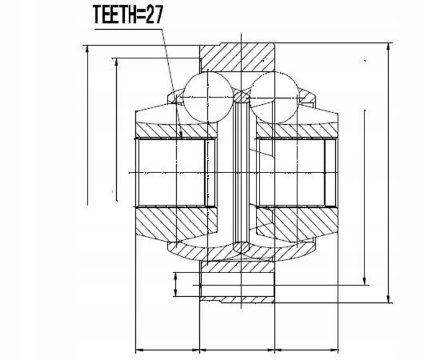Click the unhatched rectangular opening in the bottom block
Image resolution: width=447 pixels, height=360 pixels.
click(237, 285)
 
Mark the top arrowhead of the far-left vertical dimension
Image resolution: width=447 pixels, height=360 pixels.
click(88, 50)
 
